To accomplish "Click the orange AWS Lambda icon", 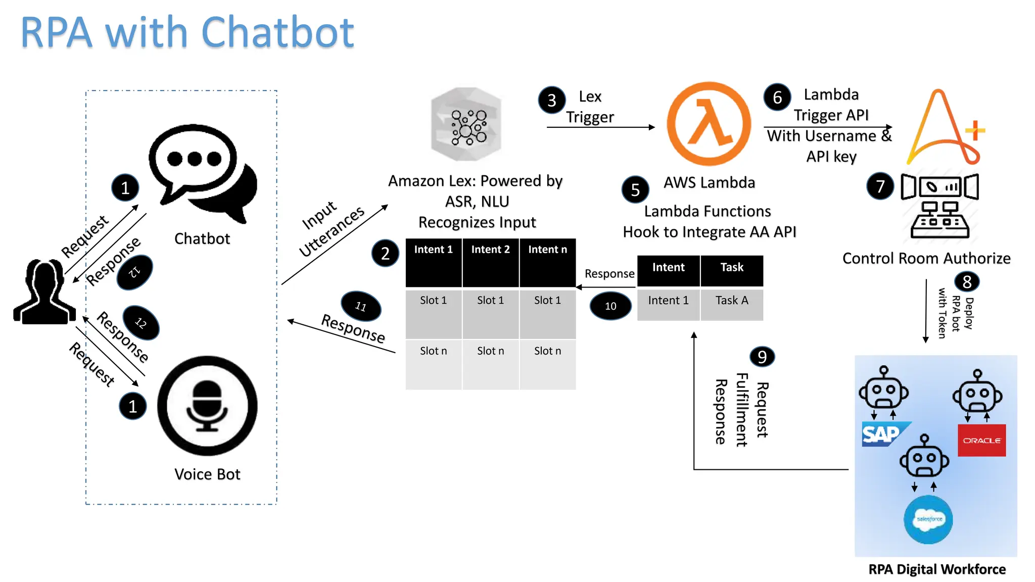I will tap(709, 124).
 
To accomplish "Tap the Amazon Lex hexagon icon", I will tap(466, 124).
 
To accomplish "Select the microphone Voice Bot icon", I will tap(207, 406).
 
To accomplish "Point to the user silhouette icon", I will tap(44, 292).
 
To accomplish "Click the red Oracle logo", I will tap(981, 440).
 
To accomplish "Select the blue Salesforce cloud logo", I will tap(928, 519).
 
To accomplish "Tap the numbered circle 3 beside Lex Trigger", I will tap(552, 100).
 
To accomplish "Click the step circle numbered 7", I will tap(880, 186).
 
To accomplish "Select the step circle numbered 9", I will tap(762, 357).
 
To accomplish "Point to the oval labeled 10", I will tap(610, 306).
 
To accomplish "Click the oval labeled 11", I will tap(361, 306).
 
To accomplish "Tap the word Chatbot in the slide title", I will tap(277, 32).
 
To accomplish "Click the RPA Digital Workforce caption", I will tap(936, 569).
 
